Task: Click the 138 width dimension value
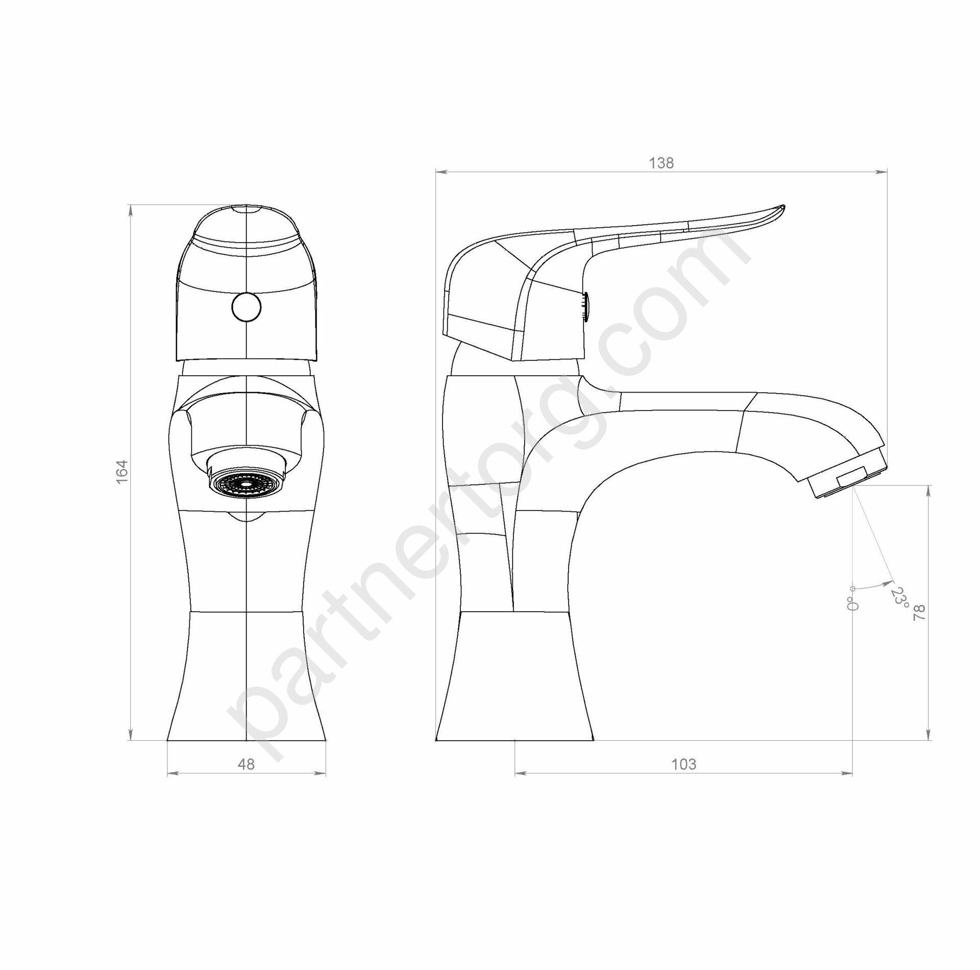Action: (x=661, y=163)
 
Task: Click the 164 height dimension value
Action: (x=121, y=472)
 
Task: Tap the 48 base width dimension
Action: (x=246, y=778)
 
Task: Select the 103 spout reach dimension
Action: (x=683, y=778)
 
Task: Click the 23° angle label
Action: (x=901, y=598)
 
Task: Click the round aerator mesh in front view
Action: (x=246, y=482)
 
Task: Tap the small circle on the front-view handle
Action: (x=246, y=307)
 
